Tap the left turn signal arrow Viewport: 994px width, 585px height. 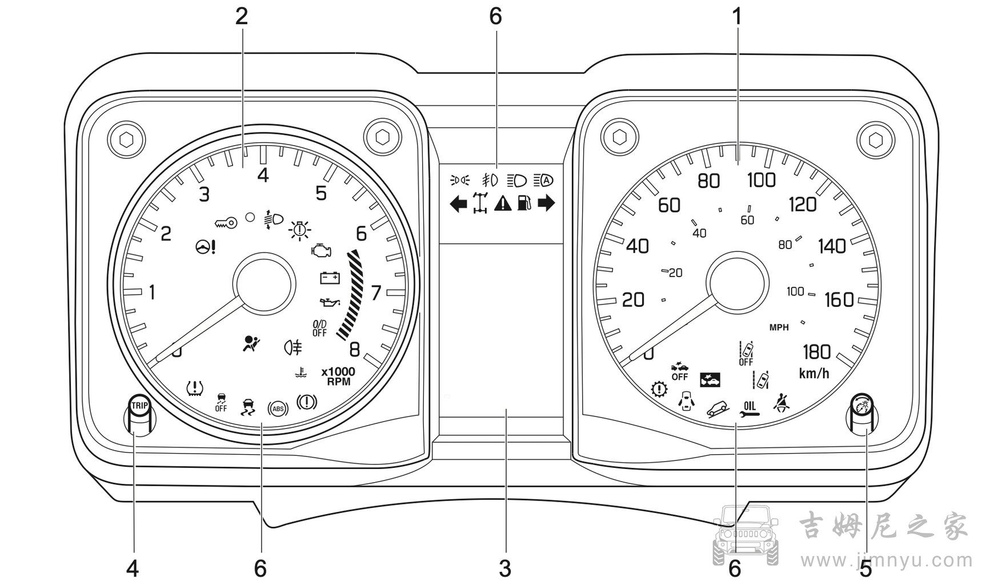click(458, 203)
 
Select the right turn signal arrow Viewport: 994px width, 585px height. click(547, 203)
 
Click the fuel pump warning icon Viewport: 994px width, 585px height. click(525, 203)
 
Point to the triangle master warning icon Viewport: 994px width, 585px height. click(503, 203)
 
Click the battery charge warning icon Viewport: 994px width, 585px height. click(330, 278)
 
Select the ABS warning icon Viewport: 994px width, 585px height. click(278, 408)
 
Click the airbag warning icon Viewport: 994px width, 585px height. click(251, 343)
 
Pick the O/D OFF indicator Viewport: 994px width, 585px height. click(319, 328)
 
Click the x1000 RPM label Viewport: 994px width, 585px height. click(338, 376)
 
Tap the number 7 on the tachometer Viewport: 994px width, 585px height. click(375, 293)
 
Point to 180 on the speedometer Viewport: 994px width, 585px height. click(816, 351)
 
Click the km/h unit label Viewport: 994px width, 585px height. click(814, 374)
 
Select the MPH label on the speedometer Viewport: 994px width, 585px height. click(779, 328)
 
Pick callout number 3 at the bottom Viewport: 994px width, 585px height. click(505, 568)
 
